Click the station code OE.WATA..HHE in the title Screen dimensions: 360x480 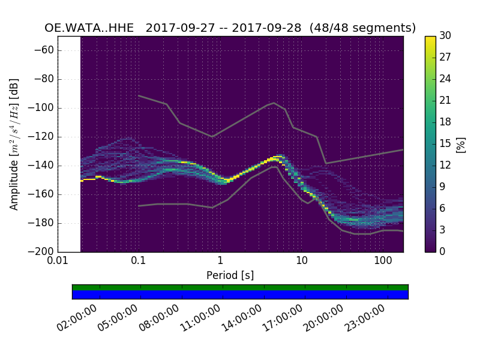coord(91,28)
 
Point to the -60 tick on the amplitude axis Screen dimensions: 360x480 coord(45,50)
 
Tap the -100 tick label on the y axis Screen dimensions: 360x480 coord(43,108)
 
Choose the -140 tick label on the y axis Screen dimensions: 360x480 coord(43,166)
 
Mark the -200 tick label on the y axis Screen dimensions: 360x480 coord(43,252)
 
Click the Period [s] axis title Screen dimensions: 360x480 coord(230,275)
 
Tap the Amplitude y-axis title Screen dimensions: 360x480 coord(14,144)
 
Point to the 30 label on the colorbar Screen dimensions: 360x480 coord(446,36)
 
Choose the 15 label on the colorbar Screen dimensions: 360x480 coord(446,144)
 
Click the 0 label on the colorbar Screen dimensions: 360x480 coord(443,251)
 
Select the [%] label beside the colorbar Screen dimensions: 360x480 coord(461,144)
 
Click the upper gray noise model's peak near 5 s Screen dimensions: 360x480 coord(274,103)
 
